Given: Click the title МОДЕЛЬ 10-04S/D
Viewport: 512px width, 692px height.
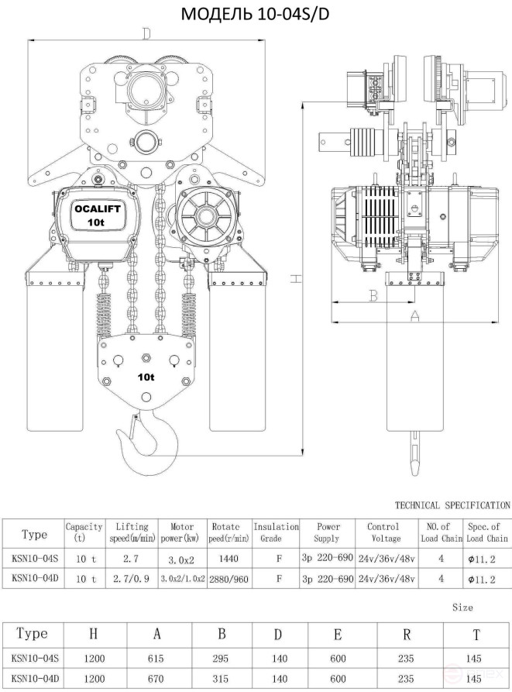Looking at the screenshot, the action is tap(255, 14).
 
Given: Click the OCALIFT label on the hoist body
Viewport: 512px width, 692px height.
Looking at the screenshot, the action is tap(97, 209).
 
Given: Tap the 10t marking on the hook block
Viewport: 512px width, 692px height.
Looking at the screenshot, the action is tap(146, 377).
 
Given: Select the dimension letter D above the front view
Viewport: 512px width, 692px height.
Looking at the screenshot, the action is tap(146, 33).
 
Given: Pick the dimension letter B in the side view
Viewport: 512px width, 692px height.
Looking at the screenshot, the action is tap(373, 296).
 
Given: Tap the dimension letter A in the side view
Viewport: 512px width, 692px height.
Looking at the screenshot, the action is tap(414, 315).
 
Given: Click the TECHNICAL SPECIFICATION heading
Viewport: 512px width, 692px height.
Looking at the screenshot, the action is tap(452, 505).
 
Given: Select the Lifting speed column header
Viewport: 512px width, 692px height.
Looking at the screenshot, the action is tap(132, 532).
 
